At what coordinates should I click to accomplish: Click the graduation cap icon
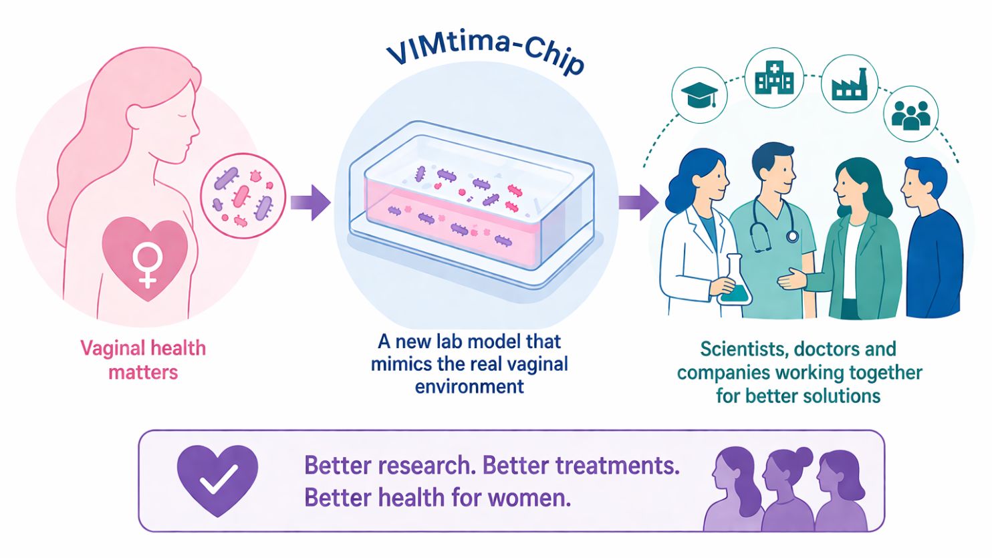coord(699,96)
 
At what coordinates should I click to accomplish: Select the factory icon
coord(850,84)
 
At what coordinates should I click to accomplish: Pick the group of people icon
coord(910,115)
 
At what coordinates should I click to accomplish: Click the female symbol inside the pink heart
coord(148,265)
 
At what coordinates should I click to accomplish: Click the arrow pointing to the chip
coord(310,202)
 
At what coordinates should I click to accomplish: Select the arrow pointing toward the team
coord(638,202)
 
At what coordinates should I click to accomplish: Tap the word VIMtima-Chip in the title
coord(485,55)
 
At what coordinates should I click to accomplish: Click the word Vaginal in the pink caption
coord(112,349)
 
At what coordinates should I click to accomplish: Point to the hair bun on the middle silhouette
coord(803,455)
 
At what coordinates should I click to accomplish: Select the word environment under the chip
coord(469,387)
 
